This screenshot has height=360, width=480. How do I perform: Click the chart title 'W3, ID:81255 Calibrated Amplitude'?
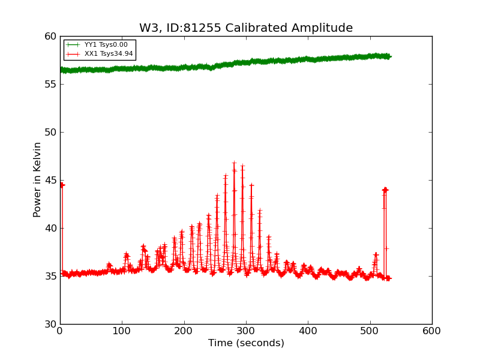click(246, 28)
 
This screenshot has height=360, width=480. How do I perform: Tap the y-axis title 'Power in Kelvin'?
click(37, 179)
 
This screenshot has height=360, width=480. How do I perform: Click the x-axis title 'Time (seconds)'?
click(246, 343)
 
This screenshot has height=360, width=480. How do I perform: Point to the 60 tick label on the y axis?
click(49, 36)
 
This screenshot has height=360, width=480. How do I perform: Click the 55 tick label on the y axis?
click(49, 84)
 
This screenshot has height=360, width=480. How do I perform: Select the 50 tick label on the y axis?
click(49, 132)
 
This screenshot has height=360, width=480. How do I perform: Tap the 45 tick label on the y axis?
click(49, 180)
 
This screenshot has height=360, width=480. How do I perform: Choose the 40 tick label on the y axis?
click(49, 228)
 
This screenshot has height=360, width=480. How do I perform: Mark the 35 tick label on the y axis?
click(49, 276)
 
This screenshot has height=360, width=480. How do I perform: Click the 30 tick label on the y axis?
click(49, 324)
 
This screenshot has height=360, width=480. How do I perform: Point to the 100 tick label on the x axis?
click(122, 331)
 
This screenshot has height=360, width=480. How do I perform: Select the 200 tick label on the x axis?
click(184, 331)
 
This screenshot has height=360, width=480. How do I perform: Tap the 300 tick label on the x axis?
click(246, 331)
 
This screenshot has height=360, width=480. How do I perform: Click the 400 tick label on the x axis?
click(308, 331)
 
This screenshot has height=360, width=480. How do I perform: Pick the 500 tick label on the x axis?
click(370, 331)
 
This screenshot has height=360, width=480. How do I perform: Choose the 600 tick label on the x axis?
click(432, 331)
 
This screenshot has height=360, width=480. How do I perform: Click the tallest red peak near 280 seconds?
click(234, 163)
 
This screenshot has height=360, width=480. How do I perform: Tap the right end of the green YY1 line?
click(389, 56)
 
